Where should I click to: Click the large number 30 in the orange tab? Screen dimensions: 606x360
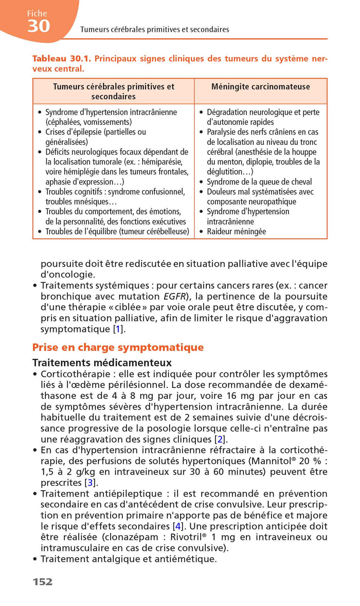tap(39, 26)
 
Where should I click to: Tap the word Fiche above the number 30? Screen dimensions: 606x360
tap(37, 13)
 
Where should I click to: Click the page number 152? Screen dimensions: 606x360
tap(43, 582)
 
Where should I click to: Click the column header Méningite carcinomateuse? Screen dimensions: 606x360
tap(261, 86)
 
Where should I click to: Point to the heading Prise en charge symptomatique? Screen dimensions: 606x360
tap(118, 347)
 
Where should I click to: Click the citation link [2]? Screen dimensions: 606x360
tap(220, 439)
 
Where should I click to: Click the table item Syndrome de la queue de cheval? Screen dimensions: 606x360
tap(259, 182)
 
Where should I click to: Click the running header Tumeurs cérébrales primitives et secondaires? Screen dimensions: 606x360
tap(155, 29)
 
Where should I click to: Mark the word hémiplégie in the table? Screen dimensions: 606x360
tap(83, 172)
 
